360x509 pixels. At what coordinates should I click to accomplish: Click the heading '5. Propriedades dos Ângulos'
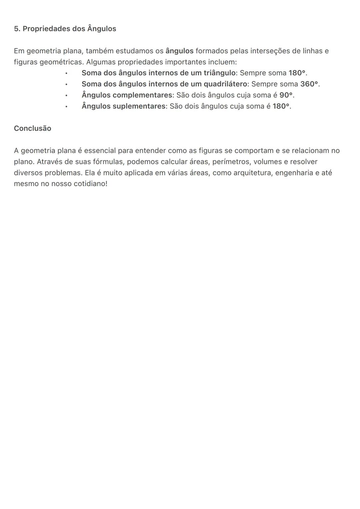tap(65, 29)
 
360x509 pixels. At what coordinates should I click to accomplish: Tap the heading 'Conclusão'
tap(32, 128)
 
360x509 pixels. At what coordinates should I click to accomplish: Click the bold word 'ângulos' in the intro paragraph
tap(179, 51)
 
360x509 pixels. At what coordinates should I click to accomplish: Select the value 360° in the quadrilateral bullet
tap(309, 84)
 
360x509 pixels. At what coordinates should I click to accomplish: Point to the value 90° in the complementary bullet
tap(286, 95)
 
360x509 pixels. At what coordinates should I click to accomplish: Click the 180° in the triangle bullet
tap(297, 73)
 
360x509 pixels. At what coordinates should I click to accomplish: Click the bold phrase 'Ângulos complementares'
tap(127, 95)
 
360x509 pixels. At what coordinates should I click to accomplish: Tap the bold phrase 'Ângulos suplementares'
tap(123, 106)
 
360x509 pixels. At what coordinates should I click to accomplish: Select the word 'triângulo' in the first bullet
tap(219, 73)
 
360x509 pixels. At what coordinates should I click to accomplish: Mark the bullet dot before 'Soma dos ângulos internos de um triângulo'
tap(66, 73)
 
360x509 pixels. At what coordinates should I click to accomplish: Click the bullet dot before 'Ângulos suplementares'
tap(66, 107)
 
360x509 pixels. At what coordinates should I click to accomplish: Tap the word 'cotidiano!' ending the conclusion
tap(90, 184)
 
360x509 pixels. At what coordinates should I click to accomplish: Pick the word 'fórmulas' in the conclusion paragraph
tap(108, 162)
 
